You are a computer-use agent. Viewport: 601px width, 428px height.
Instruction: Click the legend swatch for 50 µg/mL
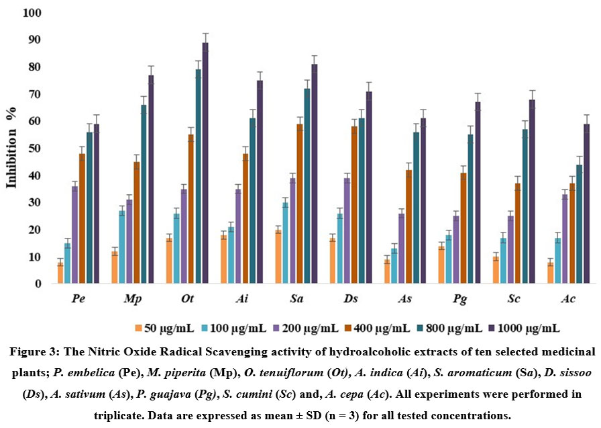138,329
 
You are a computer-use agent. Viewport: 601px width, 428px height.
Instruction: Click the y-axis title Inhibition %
11,148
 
